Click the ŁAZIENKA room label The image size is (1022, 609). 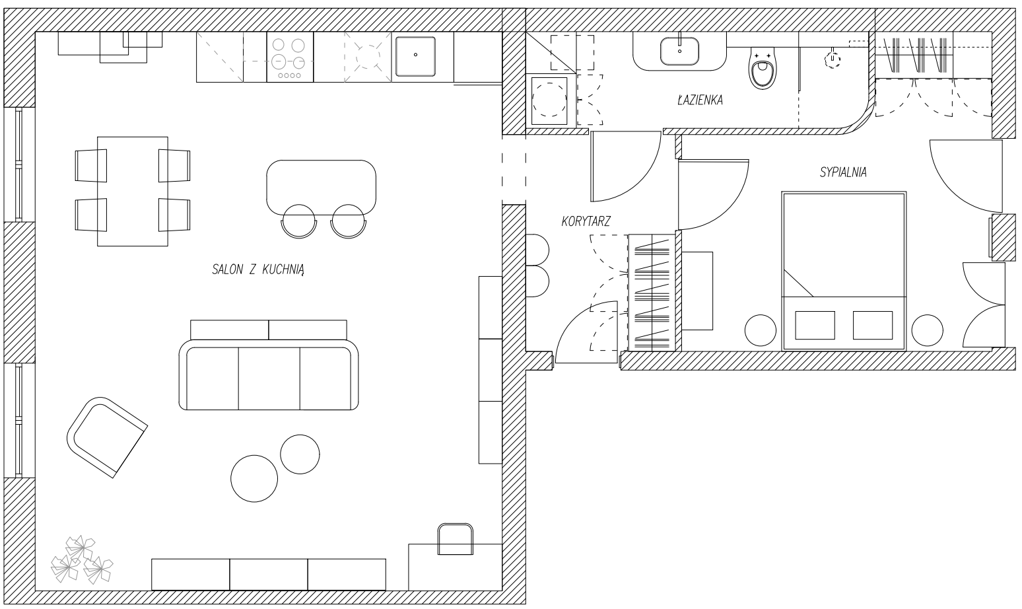click(x=700, y=100)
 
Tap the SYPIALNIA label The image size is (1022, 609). click(x=843, y=172)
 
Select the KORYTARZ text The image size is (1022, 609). click(x=586, y=221)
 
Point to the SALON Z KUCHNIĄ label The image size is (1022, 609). click(x=257, y=269)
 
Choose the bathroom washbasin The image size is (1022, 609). click(x=679, y=51)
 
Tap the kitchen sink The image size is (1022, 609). click(x=415, y=57)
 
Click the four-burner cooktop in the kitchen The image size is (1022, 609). click(x=290, y=57)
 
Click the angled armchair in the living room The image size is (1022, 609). click(x=107, y=437)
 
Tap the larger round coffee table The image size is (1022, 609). click(x=254, y=478)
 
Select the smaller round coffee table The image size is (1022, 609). click(x=300, y=454)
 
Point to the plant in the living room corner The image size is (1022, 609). click(x=81, y=560)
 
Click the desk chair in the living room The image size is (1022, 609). click(x=456, y=539)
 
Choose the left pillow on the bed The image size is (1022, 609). click(x=815, y=326)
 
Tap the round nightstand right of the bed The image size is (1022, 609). click(x=928, y=330)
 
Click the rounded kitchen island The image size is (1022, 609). click(x=322, y=187)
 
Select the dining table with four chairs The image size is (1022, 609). click(x=132, y=192)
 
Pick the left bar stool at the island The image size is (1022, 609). click(x=299, y=221)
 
